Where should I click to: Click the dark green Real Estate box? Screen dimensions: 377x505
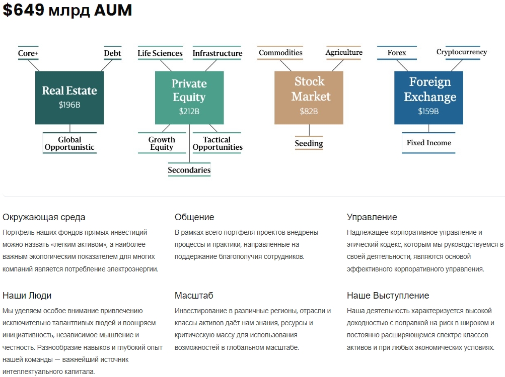69,98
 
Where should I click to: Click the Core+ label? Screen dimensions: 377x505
28,53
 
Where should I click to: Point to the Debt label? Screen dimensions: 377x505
112,53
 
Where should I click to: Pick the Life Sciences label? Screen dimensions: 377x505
160,53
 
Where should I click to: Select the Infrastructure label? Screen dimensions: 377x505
218,53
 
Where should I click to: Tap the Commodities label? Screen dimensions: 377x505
280,52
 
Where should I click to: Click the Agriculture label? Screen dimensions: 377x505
344,52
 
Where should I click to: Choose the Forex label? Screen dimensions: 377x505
397,52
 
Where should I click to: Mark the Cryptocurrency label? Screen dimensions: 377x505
462,52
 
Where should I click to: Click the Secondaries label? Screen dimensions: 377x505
189,170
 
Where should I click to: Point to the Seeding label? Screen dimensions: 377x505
309,143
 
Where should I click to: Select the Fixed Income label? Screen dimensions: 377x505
428,143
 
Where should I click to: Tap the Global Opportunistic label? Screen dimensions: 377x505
69,143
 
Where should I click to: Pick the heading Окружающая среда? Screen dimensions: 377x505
44,217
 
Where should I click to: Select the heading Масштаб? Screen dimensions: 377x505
194,295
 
